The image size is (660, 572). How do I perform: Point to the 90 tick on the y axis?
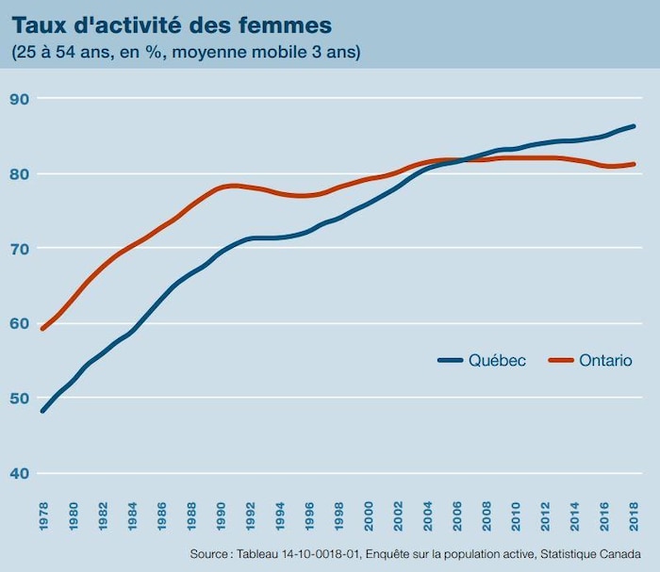click(x=21, y=99)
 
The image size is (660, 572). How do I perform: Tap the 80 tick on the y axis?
click(x=21, y=174)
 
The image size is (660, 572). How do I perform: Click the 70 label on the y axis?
click(x=21, y=249)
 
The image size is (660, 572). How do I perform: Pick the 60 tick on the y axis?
click(x=21, y=323)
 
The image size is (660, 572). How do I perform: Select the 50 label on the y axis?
click(x=21, y=399)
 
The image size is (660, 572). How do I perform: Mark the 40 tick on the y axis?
click(x=21, y=473)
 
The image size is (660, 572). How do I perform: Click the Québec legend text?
click(x=497, y=360)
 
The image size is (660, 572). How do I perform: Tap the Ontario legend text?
click(x=605, y=360)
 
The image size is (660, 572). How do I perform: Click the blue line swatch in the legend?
click(x=450, y=360)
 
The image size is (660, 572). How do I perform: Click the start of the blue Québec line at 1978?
click(x=43, y=411)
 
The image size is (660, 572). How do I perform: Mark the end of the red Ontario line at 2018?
click(x=634, y=164)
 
